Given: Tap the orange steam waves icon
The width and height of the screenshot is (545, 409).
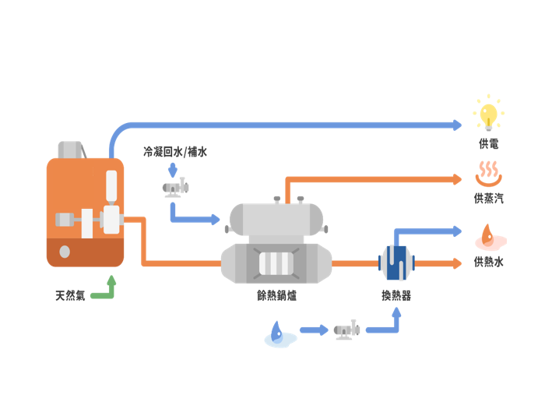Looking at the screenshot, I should tap(488, 171).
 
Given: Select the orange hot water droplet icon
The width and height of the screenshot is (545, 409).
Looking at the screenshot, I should tap(488, 234).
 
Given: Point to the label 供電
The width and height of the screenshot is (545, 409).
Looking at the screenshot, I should tap(488, 144).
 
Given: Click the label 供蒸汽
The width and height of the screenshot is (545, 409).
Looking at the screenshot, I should tap(488, 199).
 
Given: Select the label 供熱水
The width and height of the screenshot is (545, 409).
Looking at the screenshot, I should tap(488, 262).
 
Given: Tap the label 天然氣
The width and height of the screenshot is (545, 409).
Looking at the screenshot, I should tap(70, 296).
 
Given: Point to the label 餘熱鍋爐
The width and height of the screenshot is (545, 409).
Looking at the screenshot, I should tap(276, 296).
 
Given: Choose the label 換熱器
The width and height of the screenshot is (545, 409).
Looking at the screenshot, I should tap(396, 296).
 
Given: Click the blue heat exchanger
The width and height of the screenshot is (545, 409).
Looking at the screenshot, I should tap(397, 262).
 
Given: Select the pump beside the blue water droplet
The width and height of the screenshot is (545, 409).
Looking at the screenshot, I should tap(346, 330).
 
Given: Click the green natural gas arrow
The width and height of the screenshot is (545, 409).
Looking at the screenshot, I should tap(105, 291).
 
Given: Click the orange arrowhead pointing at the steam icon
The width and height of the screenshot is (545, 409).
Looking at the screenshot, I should tap(458, 179).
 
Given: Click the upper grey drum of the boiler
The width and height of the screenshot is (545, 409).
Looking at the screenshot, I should tap(276, 218).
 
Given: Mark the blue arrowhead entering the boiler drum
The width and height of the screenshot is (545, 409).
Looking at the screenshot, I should tap(216, 220).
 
